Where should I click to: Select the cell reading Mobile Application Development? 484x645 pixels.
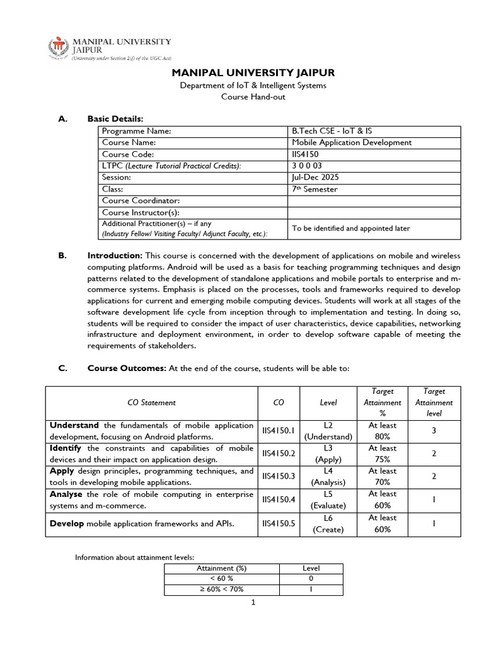(x=352, y=142)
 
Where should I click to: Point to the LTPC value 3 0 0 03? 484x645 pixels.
(x=307, y=166)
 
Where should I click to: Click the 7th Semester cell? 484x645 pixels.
(x=314, y=189)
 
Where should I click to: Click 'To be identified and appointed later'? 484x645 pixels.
(x=350, y=228)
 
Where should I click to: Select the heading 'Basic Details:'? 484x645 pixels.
(x=115, y=118)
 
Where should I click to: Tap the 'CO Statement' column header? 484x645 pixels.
(x=152, y=402)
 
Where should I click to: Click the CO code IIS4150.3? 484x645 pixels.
(x=278, y=477)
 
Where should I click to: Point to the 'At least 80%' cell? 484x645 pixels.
(x=383, y=431)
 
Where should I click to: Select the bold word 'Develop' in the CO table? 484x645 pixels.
(x=67, y=523)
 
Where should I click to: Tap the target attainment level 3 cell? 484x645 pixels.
(x=434, y=431)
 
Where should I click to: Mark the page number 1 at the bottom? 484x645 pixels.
(x=252, y=602)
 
